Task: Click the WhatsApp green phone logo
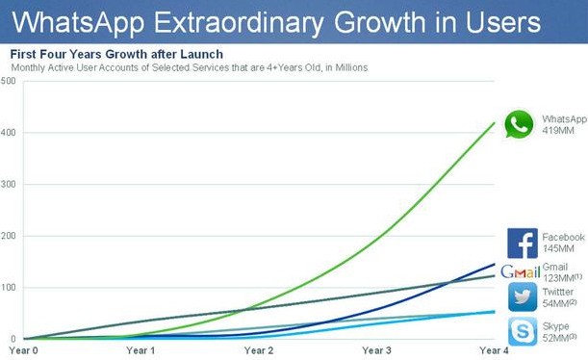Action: coord(519,124)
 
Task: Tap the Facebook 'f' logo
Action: coord(523,243)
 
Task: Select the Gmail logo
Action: coord(521,271)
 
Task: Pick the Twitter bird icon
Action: coord(523,297)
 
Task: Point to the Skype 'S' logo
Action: coord(523,331)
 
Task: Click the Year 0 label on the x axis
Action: coord(23,350)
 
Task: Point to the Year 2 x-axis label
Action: coord(259,350)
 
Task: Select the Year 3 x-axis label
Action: coord(376,350)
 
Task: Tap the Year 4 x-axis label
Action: coord(494,350)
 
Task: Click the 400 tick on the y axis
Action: coord(8,133)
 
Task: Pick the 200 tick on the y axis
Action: coord(8,236)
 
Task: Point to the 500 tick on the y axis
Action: coord(8,81)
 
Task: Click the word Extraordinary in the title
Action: coord(238,23)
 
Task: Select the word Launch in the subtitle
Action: coord(202,54)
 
